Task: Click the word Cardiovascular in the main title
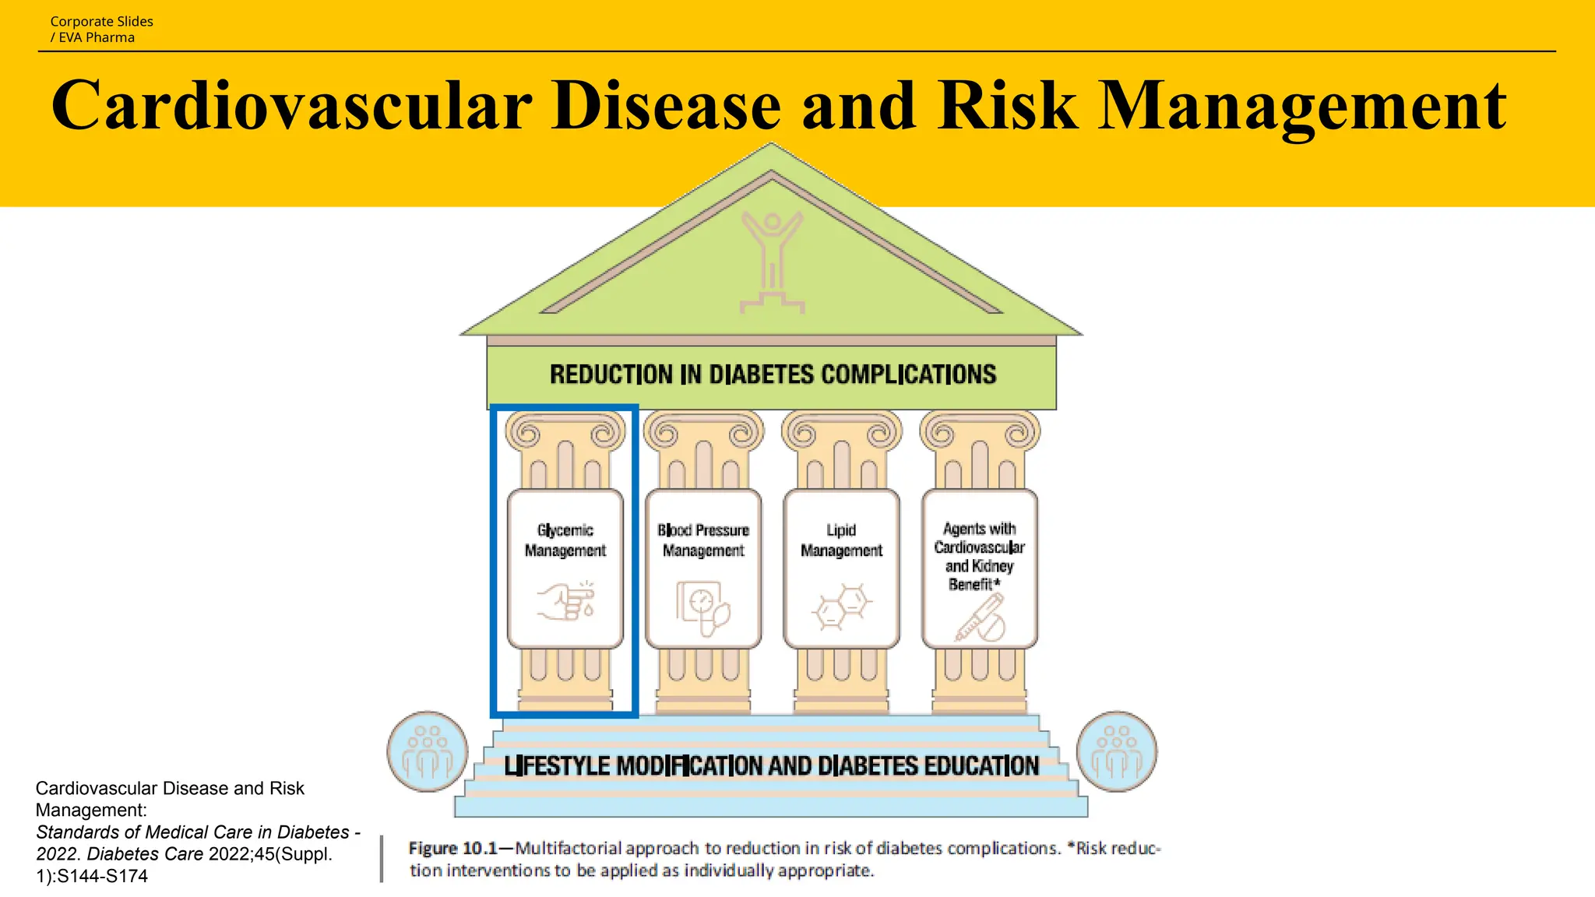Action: (292, 105)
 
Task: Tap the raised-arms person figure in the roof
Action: (772, 261)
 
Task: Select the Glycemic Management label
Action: (565, 540)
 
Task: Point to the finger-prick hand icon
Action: (566, 601)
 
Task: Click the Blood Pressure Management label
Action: (703, 540)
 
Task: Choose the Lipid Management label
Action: (841, 540)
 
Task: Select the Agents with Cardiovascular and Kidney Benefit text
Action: (979, 556)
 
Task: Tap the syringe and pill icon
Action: (981, 618)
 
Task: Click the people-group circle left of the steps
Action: (428, 751)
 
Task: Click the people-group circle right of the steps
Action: (1117, 751)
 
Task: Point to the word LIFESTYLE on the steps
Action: (557, 766)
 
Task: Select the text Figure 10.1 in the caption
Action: (452, 848)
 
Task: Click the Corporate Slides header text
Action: (102, 22)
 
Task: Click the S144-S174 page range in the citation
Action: (102, 876)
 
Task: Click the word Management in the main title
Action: (1300, 105)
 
